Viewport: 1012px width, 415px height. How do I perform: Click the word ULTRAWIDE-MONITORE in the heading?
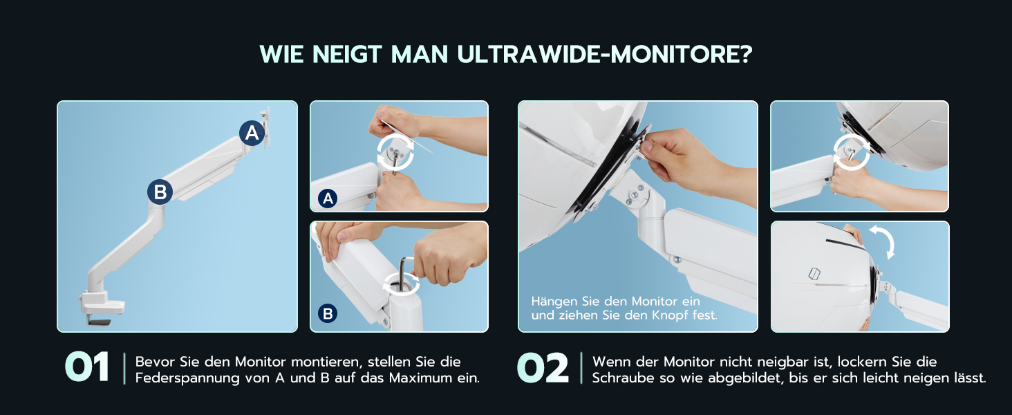tap(604, 54)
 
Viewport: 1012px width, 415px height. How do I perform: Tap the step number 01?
tap(86, 367)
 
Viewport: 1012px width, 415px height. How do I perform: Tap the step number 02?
tap(543, 367)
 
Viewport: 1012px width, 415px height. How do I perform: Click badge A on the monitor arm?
tap(252, 133)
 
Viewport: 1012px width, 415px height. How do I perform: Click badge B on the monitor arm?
tap(160, 192)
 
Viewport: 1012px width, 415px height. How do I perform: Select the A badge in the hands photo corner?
tap(328, 199)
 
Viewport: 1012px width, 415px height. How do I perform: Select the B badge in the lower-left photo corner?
tap(328, 313)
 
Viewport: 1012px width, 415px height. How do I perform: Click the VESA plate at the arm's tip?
tap(265, 128)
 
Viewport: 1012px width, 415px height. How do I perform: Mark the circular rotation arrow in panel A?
tap(396, 151)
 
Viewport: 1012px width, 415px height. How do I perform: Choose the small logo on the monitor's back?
tap(814, 274)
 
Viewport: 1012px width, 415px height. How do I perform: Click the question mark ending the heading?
tap(747, 54)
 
